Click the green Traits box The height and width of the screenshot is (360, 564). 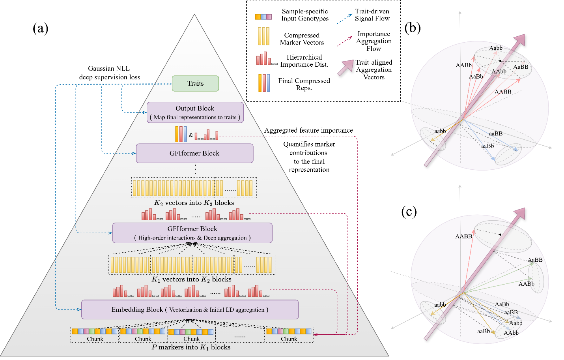195,83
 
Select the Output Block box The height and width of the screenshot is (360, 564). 195,112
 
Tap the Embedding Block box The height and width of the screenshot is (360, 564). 190,309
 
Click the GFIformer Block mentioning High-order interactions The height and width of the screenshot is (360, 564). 192,233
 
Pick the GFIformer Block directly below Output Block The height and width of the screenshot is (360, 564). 194,153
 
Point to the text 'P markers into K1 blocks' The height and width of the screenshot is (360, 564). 191,347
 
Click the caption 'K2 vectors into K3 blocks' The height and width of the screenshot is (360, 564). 194,203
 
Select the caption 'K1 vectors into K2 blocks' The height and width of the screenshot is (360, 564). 191,279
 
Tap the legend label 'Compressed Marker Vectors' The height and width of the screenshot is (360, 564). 302,39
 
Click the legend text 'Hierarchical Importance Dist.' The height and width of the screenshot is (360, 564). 304,61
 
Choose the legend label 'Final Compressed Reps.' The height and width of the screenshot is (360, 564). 304,84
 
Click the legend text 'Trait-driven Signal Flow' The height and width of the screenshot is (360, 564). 372,15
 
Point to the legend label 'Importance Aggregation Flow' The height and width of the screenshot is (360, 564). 374,41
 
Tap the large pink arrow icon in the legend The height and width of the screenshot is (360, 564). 345,67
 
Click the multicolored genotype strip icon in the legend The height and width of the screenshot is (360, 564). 263,17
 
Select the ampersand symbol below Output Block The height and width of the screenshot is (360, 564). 191,135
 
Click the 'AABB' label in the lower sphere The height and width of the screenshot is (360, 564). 463,236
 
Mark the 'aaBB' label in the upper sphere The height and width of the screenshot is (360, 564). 496,134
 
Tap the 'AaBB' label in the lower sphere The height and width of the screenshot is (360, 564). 535,260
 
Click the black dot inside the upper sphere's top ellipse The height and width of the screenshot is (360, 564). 500,61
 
